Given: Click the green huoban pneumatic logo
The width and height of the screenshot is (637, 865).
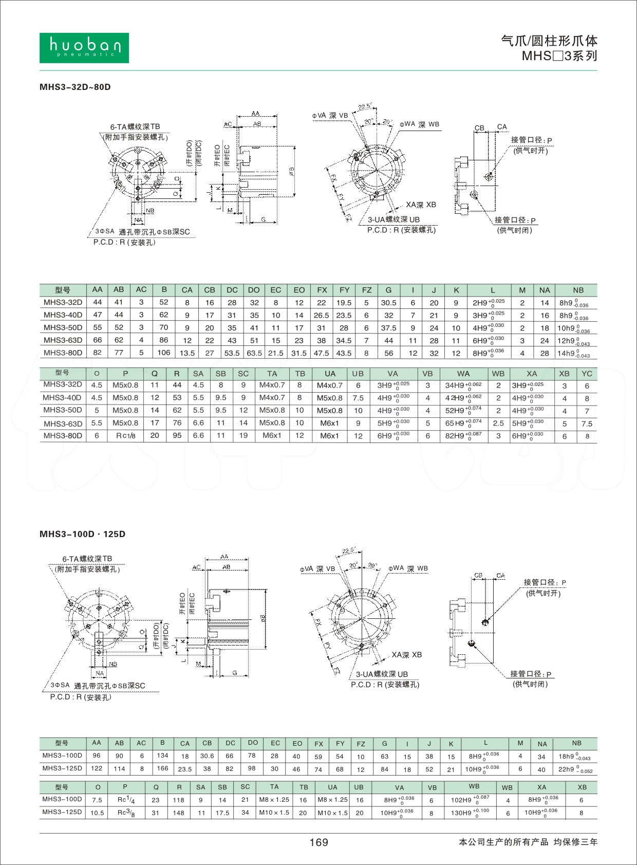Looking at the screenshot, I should (x=84, y=48).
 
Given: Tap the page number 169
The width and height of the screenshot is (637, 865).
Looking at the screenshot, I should (x=318, y=842).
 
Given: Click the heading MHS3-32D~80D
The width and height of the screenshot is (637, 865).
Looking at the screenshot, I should (x=75, y=87).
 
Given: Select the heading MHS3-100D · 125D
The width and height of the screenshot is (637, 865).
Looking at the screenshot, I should (x=82, y=534).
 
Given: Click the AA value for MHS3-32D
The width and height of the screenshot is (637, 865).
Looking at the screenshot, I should (x=97, y=302).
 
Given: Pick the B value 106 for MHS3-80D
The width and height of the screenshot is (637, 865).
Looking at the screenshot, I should (x=164, y=353).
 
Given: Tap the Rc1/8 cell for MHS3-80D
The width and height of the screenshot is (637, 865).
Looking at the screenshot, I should (x=125, y=436).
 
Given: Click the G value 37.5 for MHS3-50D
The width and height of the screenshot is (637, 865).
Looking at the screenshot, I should (x=388, y=328).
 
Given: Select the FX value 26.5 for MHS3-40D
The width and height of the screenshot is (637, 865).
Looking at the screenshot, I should (x=322, y=315).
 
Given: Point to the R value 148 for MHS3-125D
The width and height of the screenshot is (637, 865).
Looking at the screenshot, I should (x=179, y=813).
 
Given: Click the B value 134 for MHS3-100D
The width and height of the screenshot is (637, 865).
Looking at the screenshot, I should (x=162, y=756).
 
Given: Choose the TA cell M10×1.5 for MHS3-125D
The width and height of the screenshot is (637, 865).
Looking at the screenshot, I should (x=274, y=813).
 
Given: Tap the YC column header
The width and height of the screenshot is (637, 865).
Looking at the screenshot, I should (x=587, y=374).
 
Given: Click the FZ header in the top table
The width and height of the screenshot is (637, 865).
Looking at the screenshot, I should (x=366, y=290).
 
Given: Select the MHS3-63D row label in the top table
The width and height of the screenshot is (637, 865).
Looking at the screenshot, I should (x=63, y=340).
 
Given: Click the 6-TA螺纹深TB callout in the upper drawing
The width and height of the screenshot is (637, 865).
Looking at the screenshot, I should (x=135, y=127).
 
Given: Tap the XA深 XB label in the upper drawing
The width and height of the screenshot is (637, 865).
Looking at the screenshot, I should (x=421, y=205).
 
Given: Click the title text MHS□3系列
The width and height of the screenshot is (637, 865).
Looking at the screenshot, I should (x=559, y=56).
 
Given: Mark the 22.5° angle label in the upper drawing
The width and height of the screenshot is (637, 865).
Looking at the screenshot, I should (x=364, y=107).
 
